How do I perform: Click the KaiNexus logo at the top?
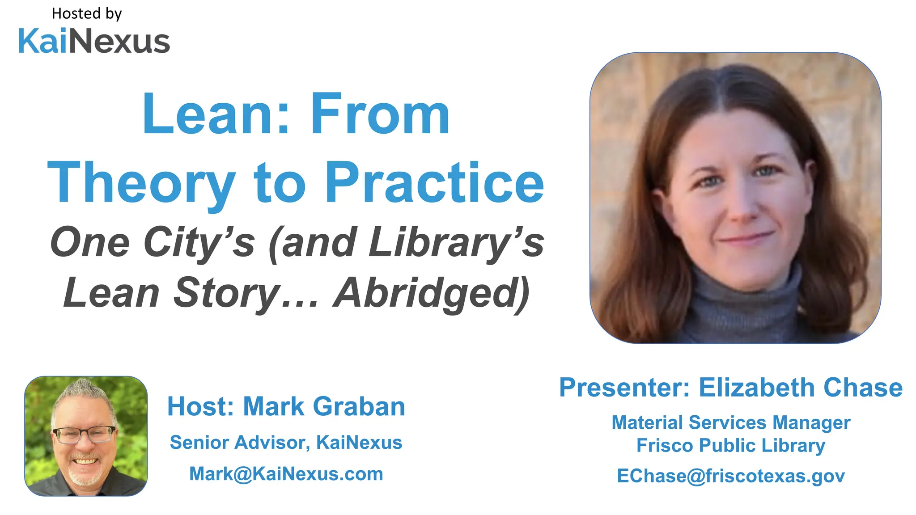(x=94, y=41)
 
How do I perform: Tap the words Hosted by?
(x=87, y=14)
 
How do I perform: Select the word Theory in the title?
(x=141, y=183)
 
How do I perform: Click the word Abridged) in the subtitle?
(x=431, y=293)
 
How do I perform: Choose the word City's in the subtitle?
(x=199, y=243)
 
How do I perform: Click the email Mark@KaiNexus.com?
(x=286, y=474)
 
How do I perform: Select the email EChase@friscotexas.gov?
(x=731, y=476)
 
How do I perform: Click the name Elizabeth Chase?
(x=801, y=387)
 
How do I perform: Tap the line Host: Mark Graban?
(x=286, y=406)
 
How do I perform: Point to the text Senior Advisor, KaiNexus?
(x=286, y=443)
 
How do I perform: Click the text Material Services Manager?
(x=731, y=422)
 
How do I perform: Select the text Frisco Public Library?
(x=731, y=445)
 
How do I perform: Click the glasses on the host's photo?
(x=84, y=434)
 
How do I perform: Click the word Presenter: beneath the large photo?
(x=624, y=387)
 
